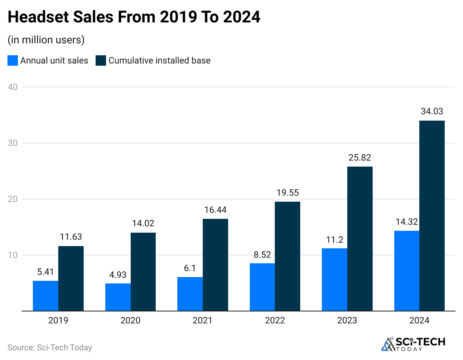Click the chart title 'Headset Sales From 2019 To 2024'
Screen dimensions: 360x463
tap(134, 17)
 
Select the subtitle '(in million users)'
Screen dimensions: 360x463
tap(46, 40)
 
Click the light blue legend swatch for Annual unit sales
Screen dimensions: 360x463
tap(13, 60)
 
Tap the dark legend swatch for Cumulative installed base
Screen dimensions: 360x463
tap(101, 60)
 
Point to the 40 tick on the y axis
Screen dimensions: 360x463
tap(13, 87)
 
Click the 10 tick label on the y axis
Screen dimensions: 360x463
tap(13, 255)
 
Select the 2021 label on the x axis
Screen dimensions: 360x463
tap(202, 320)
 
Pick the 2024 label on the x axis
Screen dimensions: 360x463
tap(419, 320)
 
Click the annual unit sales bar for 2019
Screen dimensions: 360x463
tap(46, 296)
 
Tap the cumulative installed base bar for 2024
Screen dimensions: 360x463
tap(432, 216)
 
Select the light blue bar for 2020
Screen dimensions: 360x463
tap(118, 297)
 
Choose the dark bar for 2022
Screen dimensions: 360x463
tap(288, 256)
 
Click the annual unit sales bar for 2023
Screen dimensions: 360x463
tap(335, 280)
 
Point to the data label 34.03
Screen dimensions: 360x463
tap(432, 111)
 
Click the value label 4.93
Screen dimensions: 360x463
tap(118, 275)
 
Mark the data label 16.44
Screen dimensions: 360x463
tap(215, 210)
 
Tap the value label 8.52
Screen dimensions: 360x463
tap(262, 255)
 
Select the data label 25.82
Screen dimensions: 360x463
tap(360, 158)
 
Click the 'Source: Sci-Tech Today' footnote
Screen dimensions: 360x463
tap(50, 348)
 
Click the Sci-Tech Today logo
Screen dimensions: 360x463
tap(413, 344)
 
